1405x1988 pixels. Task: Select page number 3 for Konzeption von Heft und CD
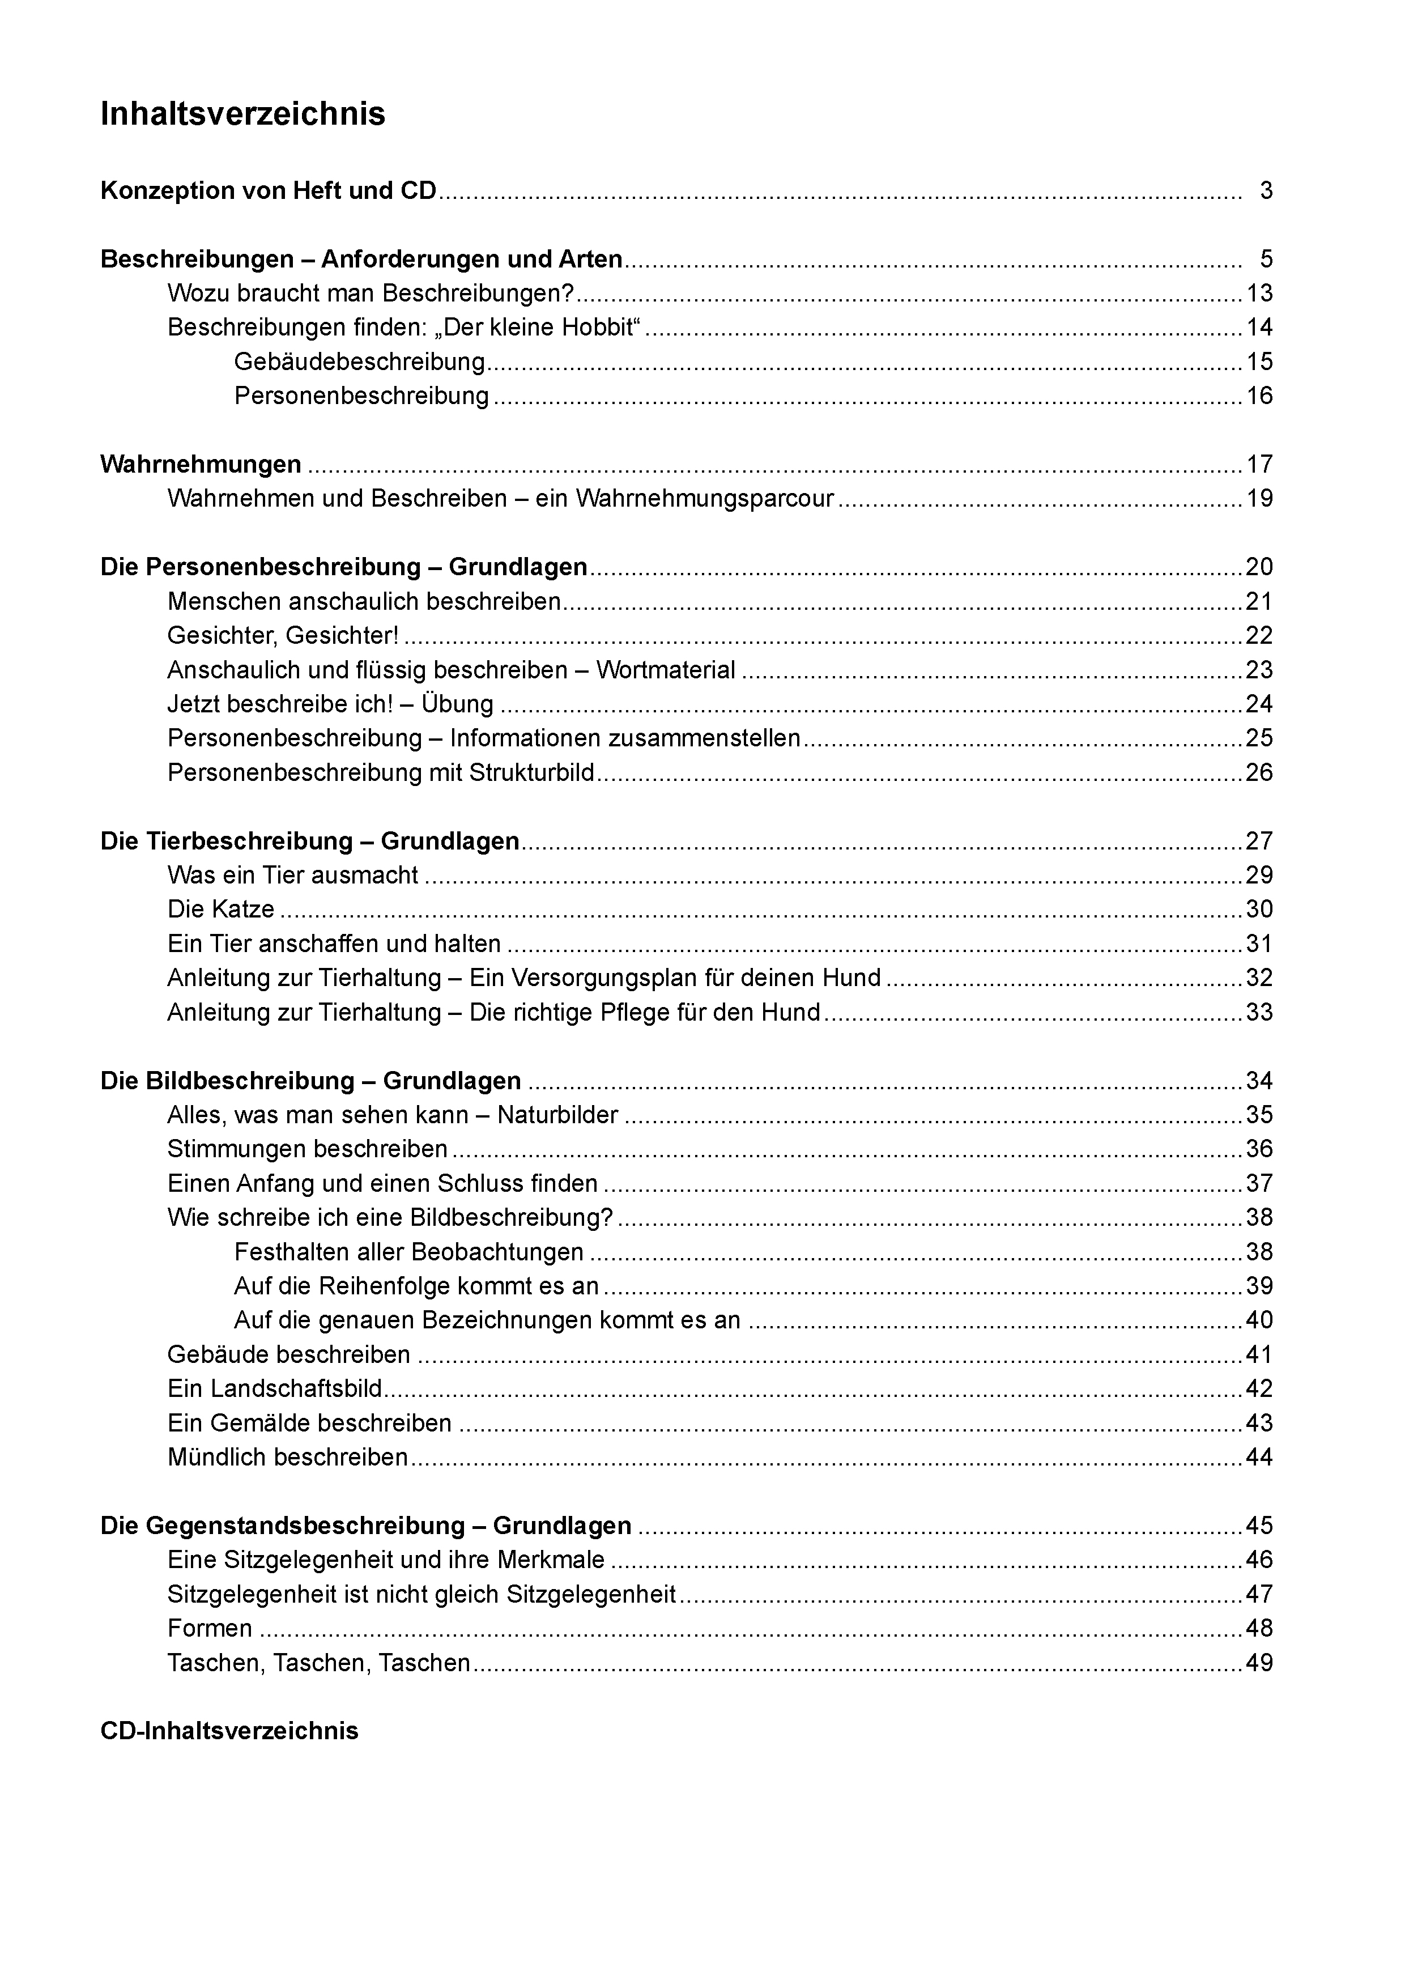pos(1266,190)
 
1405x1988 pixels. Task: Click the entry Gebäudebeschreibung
pos(359,362)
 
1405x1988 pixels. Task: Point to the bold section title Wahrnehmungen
pos(201,465)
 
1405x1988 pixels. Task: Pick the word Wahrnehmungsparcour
pos(705,499)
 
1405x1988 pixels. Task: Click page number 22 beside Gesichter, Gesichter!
pos(1259,635)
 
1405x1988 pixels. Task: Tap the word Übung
pos(457,704)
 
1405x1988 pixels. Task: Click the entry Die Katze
pos(221,909)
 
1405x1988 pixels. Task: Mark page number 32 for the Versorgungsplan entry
pos(1259,978)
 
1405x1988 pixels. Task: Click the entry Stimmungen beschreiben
pos(307,1149)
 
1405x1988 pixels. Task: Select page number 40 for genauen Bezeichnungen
pos(1259,1320)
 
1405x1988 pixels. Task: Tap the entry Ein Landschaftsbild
pos(274,1389)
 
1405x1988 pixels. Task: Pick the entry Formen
pos(210,1629)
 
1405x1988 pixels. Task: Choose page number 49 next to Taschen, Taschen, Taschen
pos(1259,1663)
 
